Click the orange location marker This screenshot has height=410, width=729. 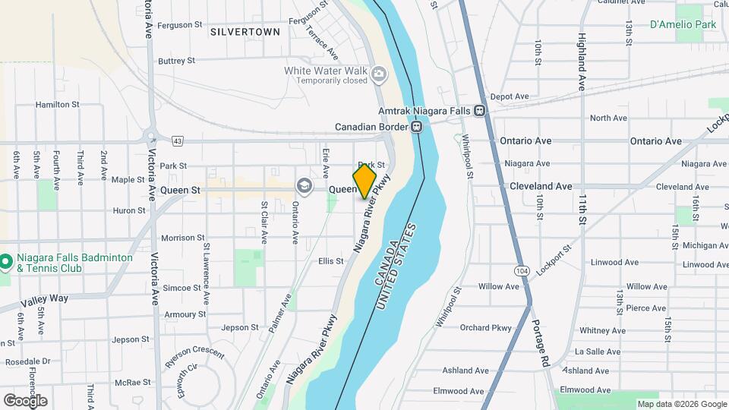pyautogui.click(x=365, y=181)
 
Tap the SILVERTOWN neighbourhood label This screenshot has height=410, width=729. pyautogui.click(x=245, y=32)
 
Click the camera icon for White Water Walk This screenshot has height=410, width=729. pyautogui.click(x=378, y=74)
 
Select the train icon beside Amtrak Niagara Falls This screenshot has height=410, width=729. pyautogui.click(x=480, y=111)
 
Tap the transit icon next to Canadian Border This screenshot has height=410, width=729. pyautogui.click(x=417, y=127)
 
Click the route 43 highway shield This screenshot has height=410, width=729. pyautogui.click(x=178, y=140)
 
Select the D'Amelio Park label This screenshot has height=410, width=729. pyautogui.click(x=683, y=25)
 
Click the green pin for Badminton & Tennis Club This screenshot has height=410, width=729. pyautogui.click(x=6, y=263)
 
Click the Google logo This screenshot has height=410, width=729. pyautogui.click(x=25, y=400)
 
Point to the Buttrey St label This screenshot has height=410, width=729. pyautogui.click(x=176, y=61)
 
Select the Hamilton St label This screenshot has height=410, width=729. pyautogui.click(x=57, y=104)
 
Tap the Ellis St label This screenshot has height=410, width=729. pyautogui.click(x=330, y=261)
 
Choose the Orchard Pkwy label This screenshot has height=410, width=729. pyautogui.click(x=486, y=328)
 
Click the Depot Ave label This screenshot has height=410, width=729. pyautogui.click(x=509, y=96)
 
